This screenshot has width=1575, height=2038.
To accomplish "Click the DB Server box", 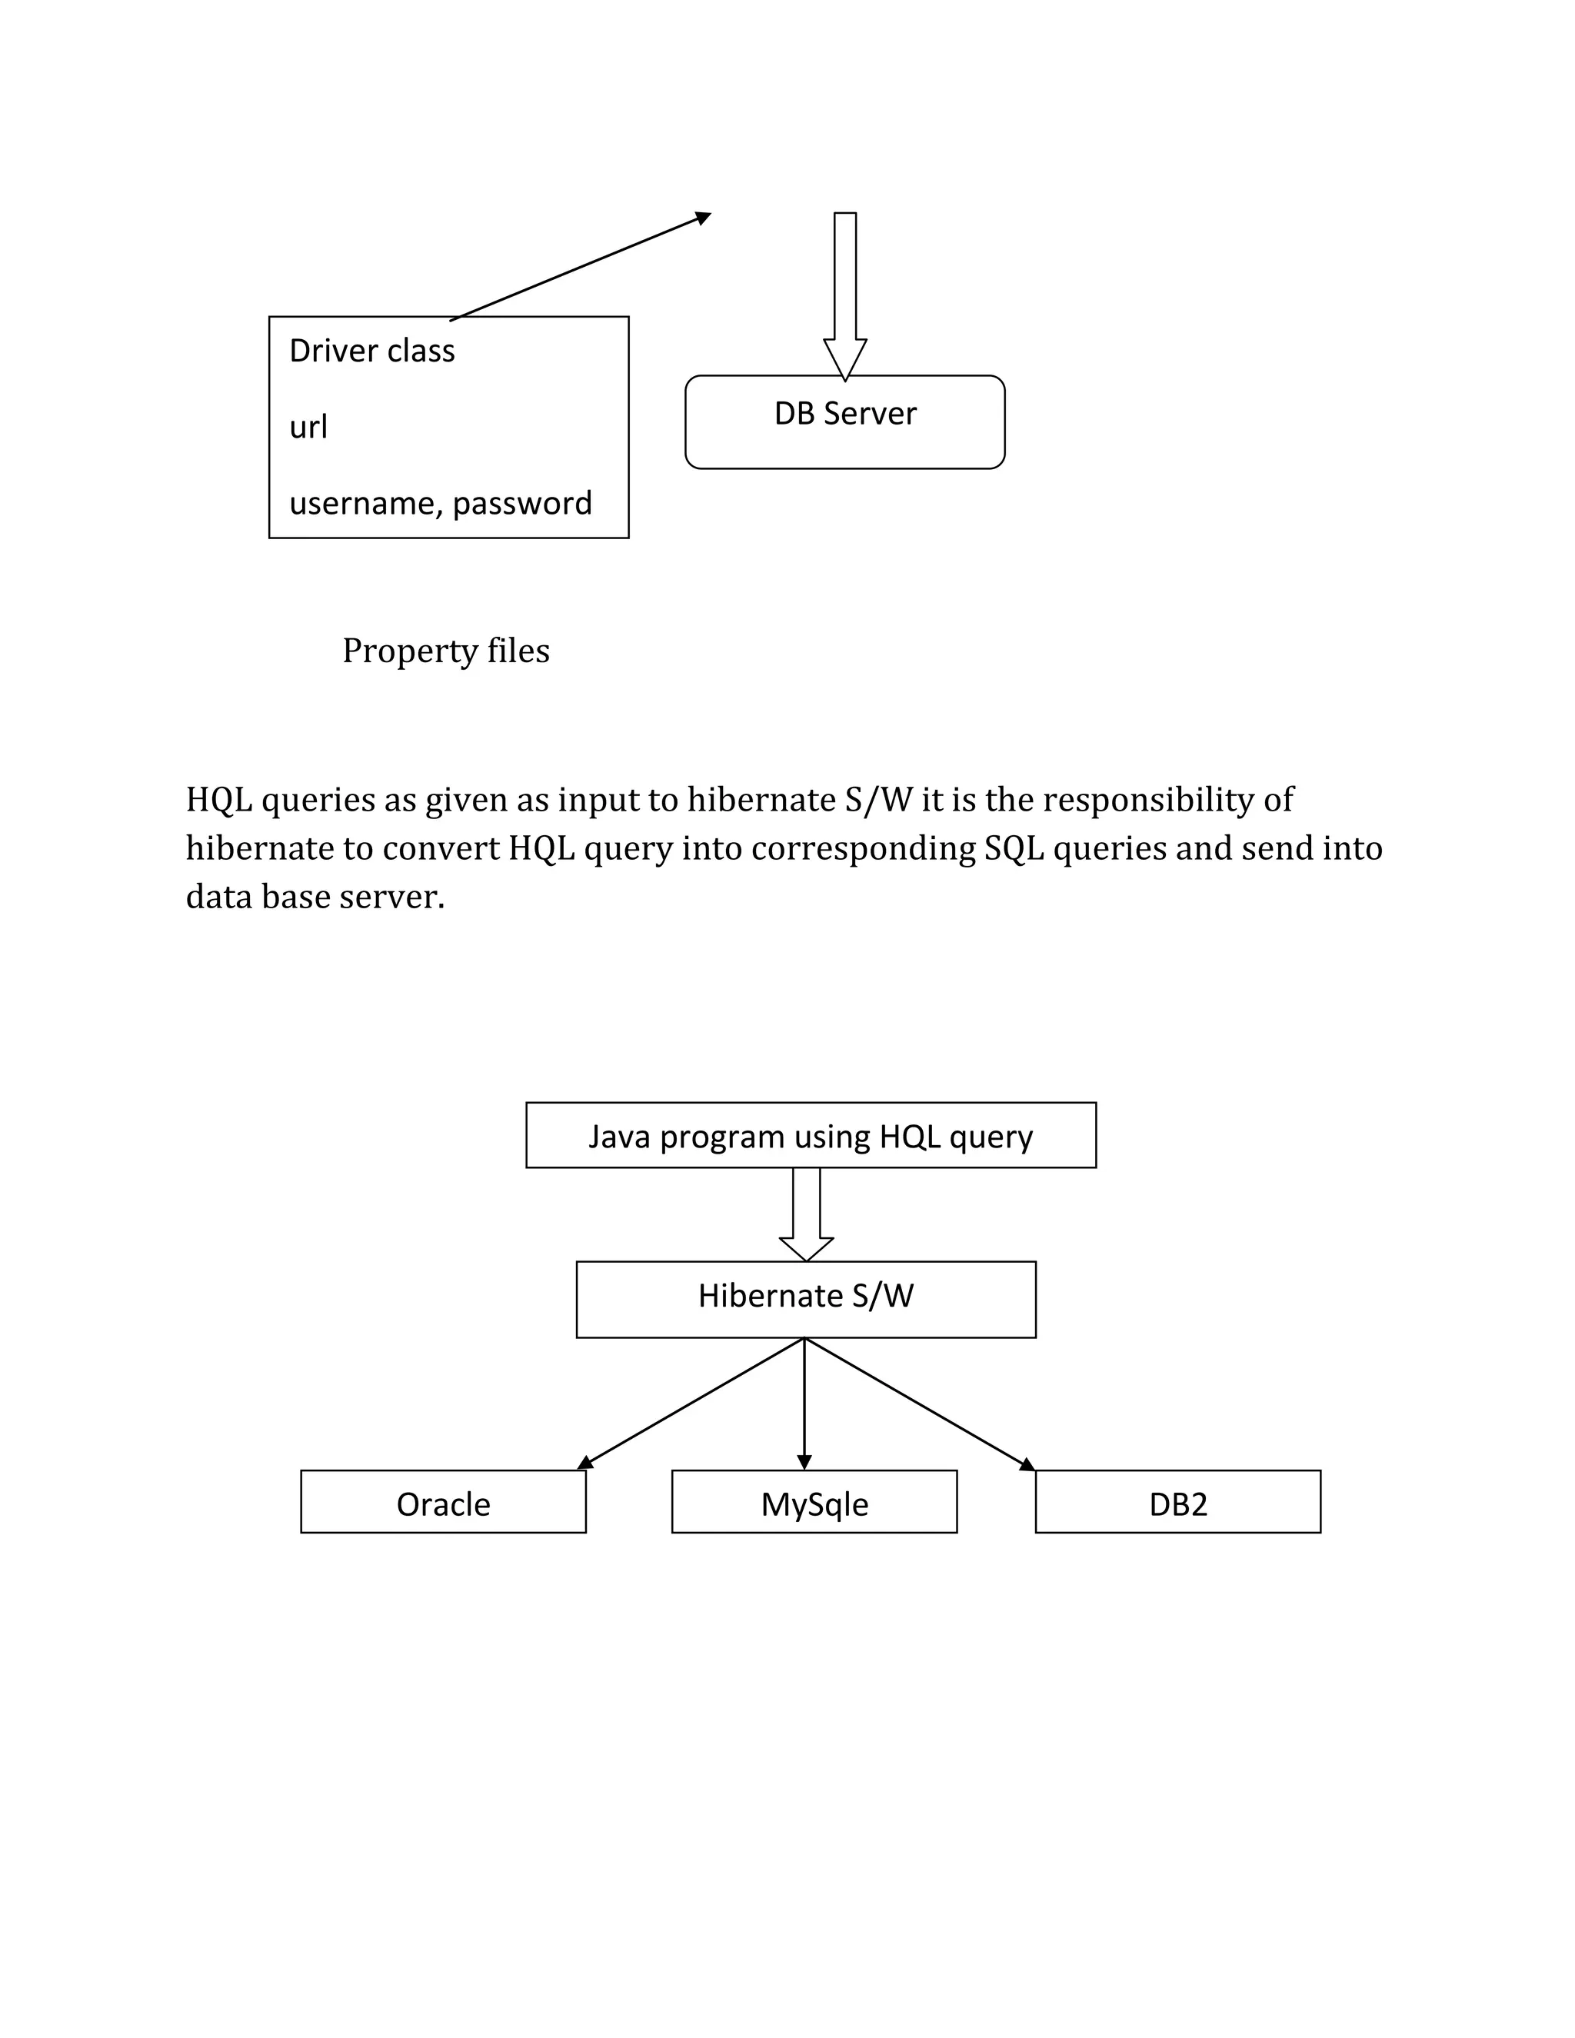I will [x=844, y=421].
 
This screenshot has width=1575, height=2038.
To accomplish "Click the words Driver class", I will [x=371, y=351].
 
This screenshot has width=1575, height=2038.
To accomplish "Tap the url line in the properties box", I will [x=308, y=428].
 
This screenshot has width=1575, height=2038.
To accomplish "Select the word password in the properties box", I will [x=521, y=504].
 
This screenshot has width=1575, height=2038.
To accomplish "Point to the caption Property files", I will [x=446, y=651].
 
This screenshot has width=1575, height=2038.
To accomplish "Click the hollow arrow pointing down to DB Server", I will [x=844, y=289].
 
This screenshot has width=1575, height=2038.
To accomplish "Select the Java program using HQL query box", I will [x=810, y=1136].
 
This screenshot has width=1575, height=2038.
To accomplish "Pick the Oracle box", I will [x=443, y=1504].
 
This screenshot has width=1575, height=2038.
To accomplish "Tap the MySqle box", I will [x=814, y=1504].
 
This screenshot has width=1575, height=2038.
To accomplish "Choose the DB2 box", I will [x=1177, y=1504].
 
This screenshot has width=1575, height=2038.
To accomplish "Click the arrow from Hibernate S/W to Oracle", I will [x=691, y=1403].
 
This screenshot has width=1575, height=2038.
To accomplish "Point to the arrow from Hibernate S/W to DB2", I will [x=919, y=1403].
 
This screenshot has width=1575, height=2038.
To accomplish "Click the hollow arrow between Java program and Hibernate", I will [x=806, y=1213].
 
